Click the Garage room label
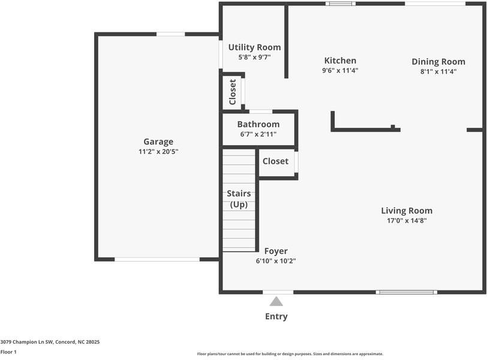coord(158,142)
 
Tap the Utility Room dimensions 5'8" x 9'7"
coord(255,57)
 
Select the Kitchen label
coord(340,61)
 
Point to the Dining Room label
coord(438,62)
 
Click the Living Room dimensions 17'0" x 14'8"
coord(407,221)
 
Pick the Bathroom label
coord(258,124)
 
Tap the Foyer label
coord(276,251)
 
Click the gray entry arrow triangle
coord(276,301)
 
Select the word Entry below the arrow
coord(276,317)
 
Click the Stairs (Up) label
coord(239,199)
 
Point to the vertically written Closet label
coord(233,92)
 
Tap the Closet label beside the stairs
coord(275,161)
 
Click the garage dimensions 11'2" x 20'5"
coord(158,152)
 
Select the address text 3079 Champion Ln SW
coord(27,342)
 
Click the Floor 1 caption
coord(8,352)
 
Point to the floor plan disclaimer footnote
coord(290,354)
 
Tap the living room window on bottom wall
coord(406,292)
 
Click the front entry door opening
coord(278,292)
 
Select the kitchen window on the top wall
coord(341,4)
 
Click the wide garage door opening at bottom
coord(157,259)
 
